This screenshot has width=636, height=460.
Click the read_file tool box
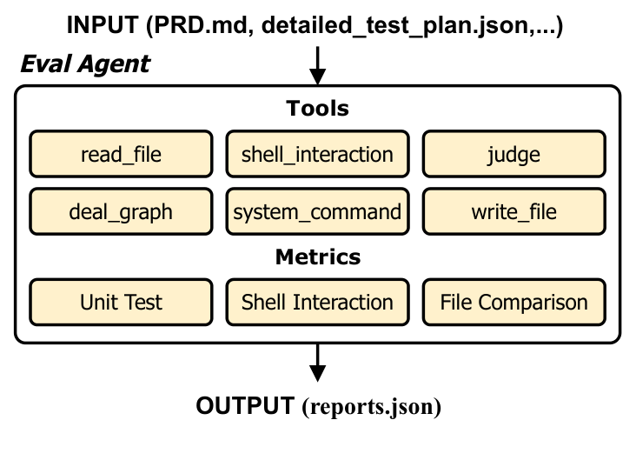click(121, 155)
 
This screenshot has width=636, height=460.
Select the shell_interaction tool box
click(317, 155)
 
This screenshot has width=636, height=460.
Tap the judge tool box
click(513, 155)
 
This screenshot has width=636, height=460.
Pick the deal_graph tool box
click(121, 211)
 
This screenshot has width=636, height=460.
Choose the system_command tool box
click(317, 211)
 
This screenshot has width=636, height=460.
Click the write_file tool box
click(513, 211)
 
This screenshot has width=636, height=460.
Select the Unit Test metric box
click(121, 303)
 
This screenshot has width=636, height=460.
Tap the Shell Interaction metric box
click(317, 303)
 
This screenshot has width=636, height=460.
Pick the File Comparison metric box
click(513, 303)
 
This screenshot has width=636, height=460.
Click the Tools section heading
click(317, 109)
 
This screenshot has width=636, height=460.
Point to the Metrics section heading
click(317, 257)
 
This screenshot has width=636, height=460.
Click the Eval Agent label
click(85, 63)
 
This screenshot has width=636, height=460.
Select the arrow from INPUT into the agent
click(317, 63)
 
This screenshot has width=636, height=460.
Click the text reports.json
click(373, 407)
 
